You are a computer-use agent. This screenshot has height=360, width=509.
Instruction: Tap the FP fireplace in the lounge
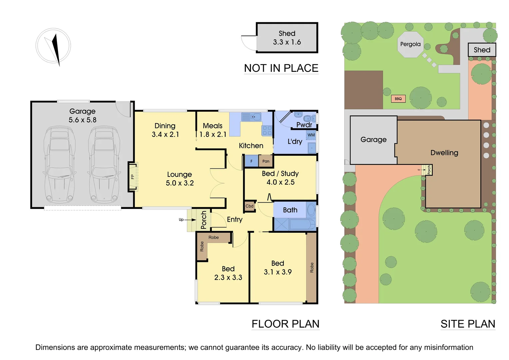tap(133, 177)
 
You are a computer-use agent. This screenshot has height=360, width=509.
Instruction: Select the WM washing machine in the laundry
tap(311, 135)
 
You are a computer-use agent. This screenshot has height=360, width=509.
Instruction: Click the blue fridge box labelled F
tap(252, 161)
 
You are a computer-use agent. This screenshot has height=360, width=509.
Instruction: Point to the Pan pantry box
tap(266, 161)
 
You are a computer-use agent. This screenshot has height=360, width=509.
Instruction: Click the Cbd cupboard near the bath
tap(250, 206)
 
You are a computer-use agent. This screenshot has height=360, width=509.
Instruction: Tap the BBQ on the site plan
tap(398, 99)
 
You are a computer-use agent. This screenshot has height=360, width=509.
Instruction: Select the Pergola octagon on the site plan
tap(410, 44)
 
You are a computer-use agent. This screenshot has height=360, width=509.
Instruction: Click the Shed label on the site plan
tap(482, 50)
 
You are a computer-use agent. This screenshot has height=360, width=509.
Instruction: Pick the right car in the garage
tap(103, 165)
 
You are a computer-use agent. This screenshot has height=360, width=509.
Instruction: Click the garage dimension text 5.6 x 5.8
tap(82, 120)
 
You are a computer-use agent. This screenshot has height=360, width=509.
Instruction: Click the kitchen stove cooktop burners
tap(267, 130)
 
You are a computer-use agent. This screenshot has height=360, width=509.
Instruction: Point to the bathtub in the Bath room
tap(302, 224)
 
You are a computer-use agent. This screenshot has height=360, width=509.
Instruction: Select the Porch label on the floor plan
tap(204, 220)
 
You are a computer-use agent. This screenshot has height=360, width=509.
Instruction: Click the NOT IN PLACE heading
tap(281, 68)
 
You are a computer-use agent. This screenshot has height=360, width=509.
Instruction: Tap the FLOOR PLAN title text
tap(285, 324)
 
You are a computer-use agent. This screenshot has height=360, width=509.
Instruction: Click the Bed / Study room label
tap(280, 174)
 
